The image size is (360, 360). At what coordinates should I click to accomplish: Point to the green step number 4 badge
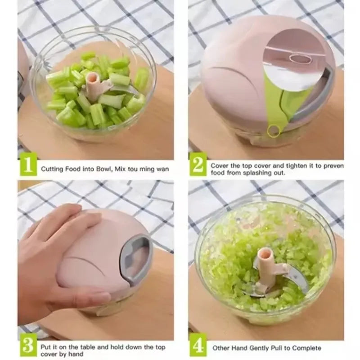click(x=198, y=347)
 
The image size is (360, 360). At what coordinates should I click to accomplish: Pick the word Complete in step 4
click(x=307, y=348)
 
